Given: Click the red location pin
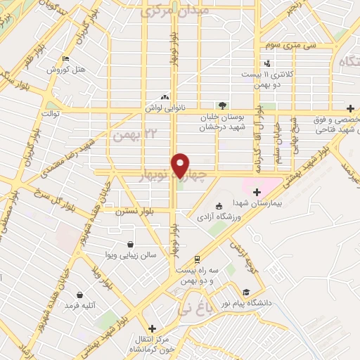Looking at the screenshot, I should tap(181, 165).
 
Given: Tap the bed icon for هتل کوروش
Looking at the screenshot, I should tap(65, 59).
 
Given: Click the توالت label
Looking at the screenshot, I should tap(51, 112).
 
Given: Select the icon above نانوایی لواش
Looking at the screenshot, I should tap(165, 98).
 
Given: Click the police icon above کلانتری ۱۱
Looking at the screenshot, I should tap(266, 65).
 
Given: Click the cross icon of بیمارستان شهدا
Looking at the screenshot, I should tap(256, 192).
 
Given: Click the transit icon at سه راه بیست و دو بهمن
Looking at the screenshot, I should tap(198, 260).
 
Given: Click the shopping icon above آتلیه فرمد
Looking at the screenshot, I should tap(79, 295).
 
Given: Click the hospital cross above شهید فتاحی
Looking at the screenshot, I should tap(351, 110).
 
